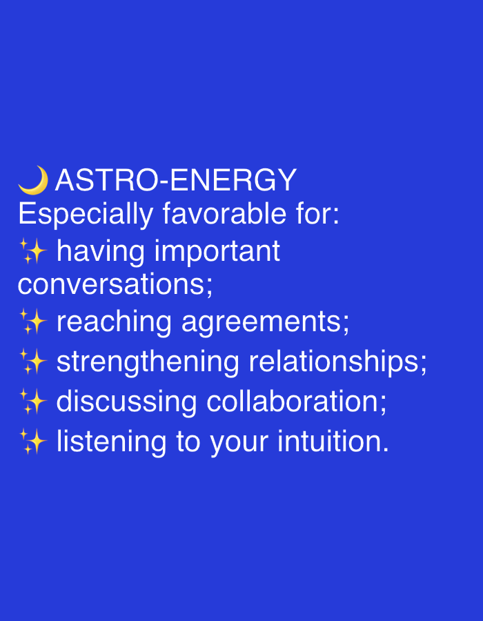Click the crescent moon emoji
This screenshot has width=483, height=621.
tap(33, 180)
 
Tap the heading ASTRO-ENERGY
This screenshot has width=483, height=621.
tap(176, 181)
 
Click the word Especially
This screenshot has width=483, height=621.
tap(86, 215)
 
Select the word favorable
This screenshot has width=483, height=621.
tap(224, 214)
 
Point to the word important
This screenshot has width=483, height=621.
tap(217, 252)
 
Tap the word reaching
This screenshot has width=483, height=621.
tap(114, 323)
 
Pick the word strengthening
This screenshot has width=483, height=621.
tap(148, 363)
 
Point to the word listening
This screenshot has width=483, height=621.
tap(112, 443)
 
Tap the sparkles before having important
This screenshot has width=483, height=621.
tap(33, 252)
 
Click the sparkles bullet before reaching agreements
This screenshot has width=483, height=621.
tap(33, 322)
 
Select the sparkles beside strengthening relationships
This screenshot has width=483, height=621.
tap(33, 362)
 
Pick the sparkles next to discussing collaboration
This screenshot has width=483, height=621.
tap(33, 402)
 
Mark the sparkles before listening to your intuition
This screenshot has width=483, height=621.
tap(33, 442)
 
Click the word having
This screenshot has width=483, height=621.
tap(101, 253)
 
